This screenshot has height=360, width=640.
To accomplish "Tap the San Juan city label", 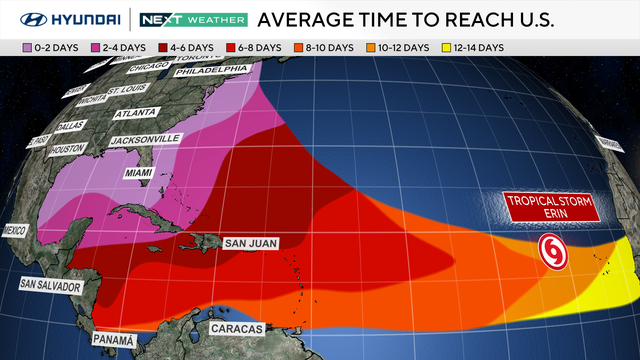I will click(250, 242).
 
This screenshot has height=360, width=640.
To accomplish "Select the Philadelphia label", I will click(210, 70).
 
